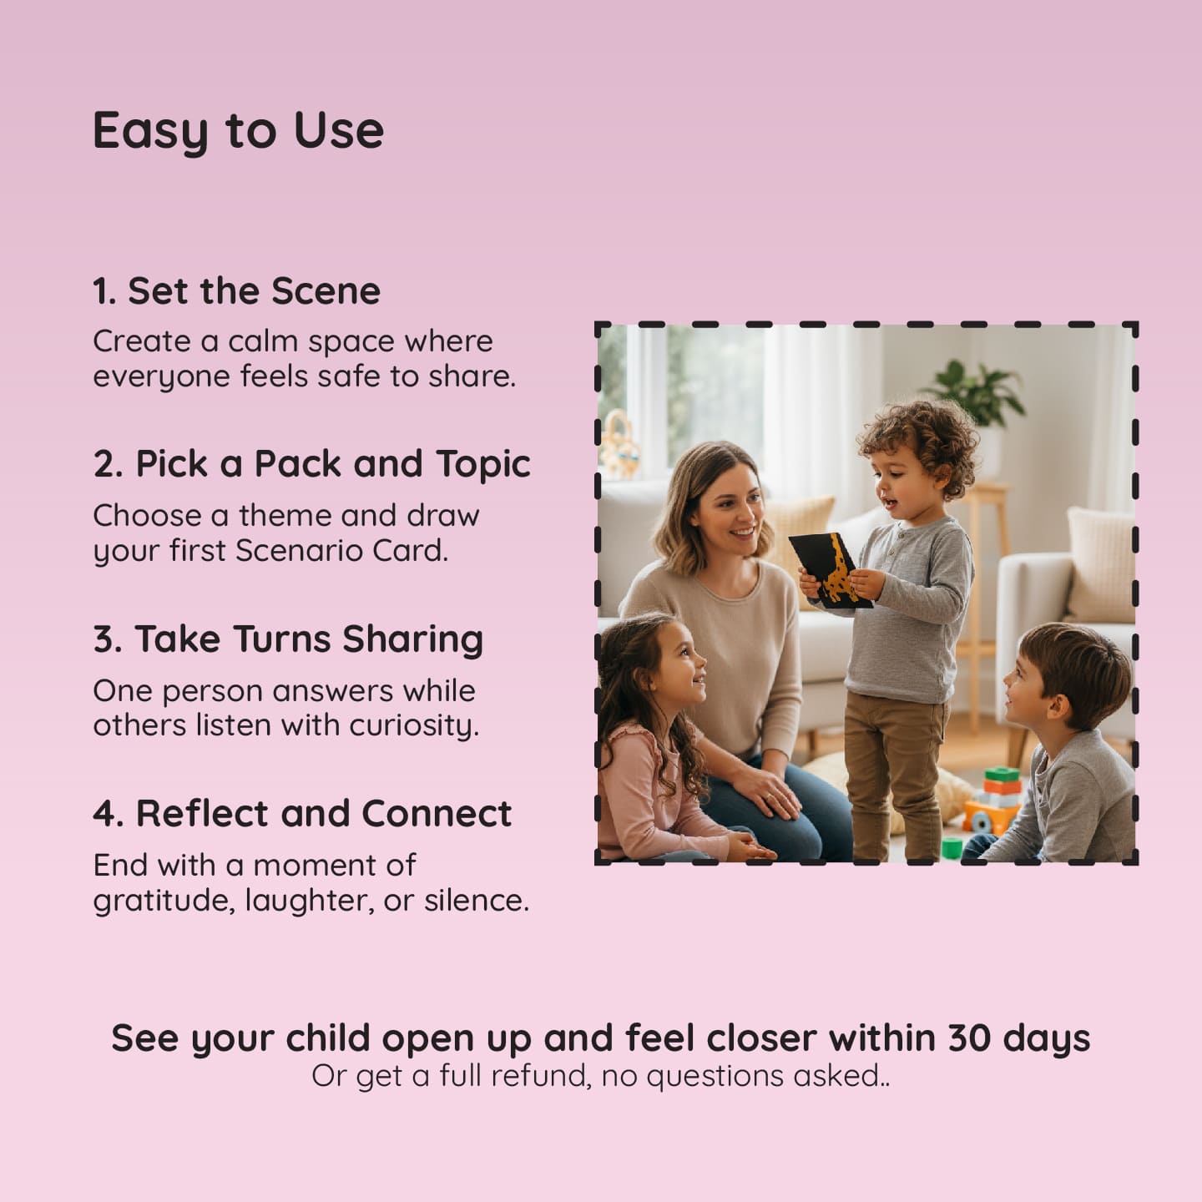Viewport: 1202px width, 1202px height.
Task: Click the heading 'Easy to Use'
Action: [x=238, y=131]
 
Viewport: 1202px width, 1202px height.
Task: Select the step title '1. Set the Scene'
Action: [x=236, y=291]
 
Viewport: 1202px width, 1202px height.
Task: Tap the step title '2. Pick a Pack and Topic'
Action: [x=311, y=464]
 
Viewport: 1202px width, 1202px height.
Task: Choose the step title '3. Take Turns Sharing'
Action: [x=288, y=639]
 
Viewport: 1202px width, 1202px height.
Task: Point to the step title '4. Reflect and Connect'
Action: [x=302, y=814]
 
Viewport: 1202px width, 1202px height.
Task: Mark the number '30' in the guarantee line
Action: [x=968, y=1038]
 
